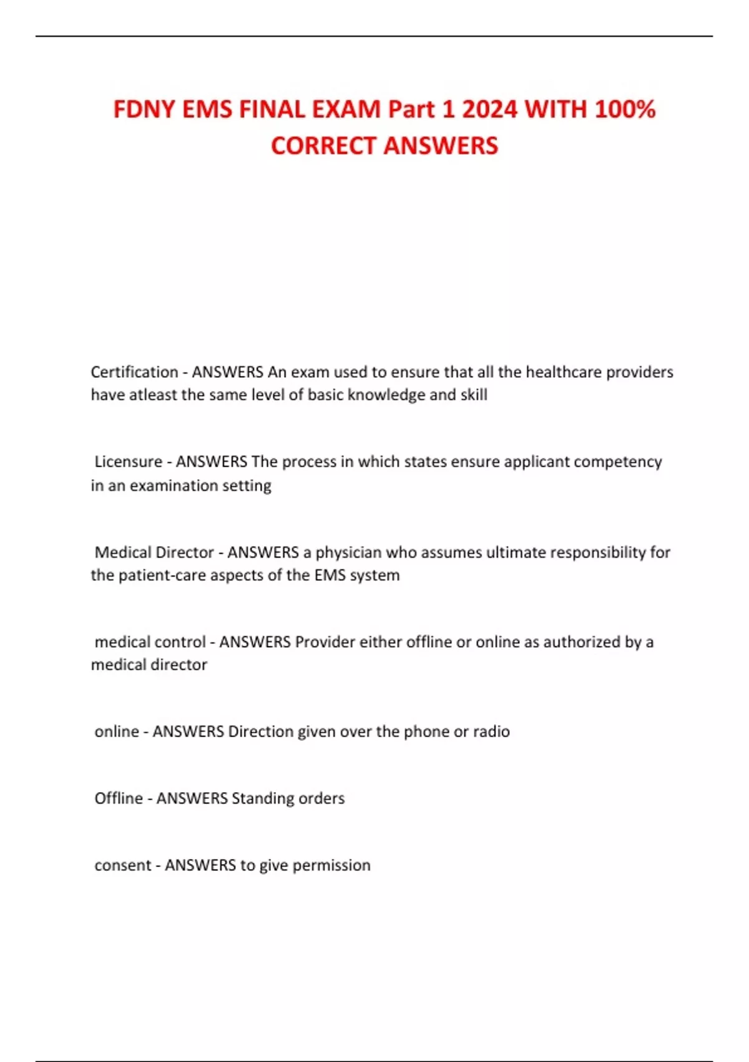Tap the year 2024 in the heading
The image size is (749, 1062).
489,110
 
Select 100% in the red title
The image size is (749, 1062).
624,110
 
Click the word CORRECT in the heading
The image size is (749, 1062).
322,146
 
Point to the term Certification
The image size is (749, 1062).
134,372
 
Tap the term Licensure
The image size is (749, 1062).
128,462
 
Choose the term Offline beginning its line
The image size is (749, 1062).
119,798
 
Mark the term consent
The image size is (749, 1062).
123,865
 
